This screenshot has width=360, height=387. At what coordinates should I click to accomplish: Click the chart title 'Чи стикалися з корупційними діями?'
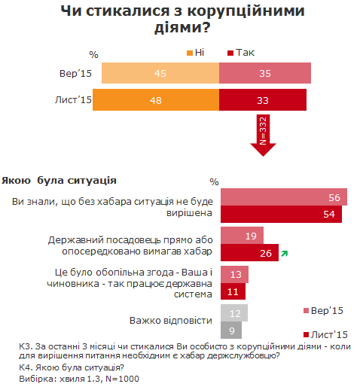179,20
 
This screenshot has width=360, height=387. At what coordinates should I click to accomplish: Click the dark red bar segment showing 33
262,100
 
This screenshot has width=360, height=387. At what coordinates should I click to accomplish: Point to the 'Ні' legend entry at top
194,53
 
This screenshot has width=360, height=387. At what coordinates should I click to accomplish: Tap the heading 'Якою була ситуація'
58,181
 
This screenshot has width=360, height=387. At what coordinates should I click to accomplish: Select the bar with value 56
283,197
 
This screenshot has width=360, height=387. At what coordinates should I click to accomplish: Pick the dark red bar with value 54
281,215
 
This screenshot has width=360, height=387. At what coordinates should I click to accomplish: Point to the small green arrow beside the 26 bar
284,254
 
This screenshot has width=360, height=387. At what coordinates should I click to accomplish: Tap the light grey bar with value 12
234,312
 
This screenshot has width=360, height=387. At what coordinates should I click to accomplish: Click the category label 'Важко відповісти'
170,320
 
